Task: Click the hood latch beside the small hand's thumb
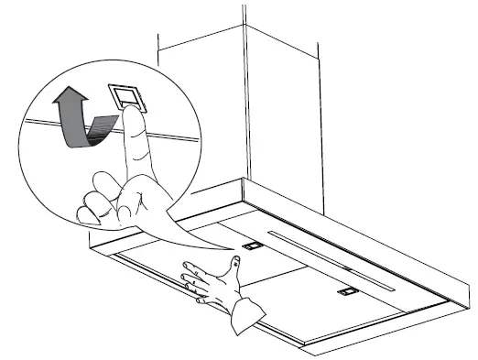pos(250,246)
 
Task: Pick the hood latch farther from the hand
pos(346,290)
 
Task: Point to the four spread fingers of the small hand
pos(194,279)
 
